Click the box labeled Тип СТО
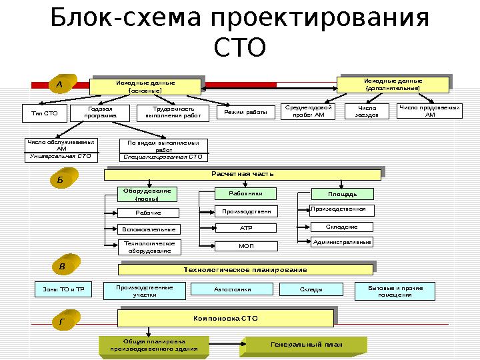[x=45, y=113]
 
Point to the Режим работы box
[x=245, y=113]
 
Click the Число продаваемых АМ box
[x=429, y=111]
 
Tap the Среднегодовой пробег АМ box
[x=309, y=111]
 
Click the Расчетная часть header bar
[x=243, y=174]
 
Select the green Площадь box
[x=342, y=194]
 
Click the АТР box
[x=245, y=228]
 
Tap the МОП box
[x=245, y=245]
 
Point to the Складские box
[x=341, y=227]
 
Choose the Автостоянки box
[x=231, y=289]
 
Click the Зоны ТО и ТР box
[x=63, y=289]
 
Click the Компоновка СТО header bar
[x=225, y=319]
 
